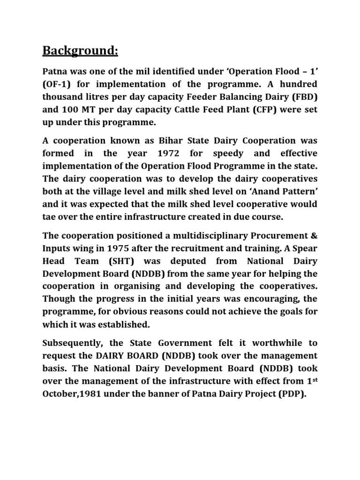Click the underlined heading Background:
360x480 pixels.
80,50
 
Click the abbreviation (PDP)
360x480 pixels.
292,394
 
